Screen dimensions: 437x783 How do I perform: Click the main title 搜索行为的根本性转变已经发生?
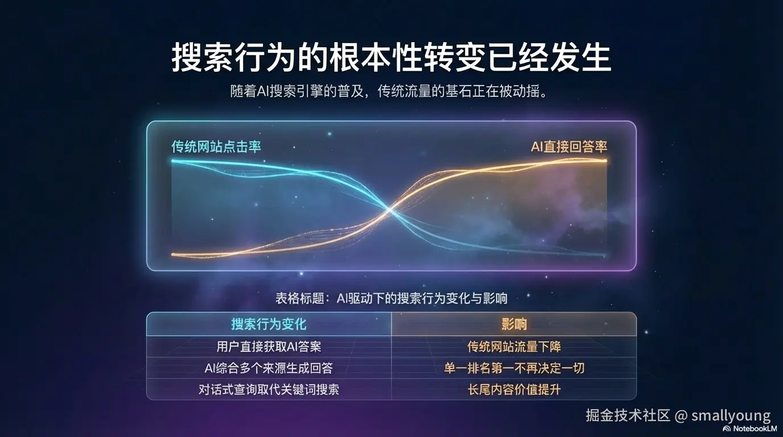(391, 57)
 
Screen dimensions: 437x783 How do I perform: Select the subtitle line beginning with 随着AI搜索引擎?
(391, 92)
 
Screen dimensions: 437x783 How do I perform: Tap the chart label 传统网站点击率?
(216, 146)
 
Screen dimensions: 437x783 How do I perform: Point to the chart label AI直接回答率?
(569, 146)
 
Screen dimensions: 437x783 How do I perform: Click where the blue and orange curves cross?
(390, 211)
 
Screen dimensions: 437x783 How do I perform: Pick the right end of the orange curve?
(604, 160)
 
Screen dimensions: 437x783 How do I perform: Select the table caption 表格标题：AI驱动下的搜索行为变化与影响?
(391, 298)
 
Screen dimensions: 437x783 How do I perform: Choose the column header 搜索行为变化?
(269, 324)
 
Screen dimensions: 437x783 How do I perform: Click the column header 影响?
(514, 324)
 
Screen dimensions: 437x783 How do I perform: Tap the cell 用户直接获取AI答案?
(269, 346)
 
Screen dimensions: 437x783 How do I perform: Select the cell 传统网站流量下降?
(514, 346)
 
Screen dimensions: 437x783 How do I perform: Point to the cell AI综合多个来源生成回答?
(269, 368)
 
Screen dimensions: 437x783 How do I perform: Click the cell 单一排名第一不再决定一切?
(514, 368)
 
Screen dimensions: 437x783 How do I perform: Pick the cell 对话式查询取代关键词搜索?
(269, 389)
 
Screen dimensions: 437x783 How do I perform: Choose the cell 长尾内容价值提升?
(514, 389)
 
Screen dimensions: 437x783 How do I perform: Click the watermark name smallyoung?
(731, 415)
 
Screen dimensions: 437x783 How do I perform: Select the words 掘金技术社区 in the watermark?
(628, 415)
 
